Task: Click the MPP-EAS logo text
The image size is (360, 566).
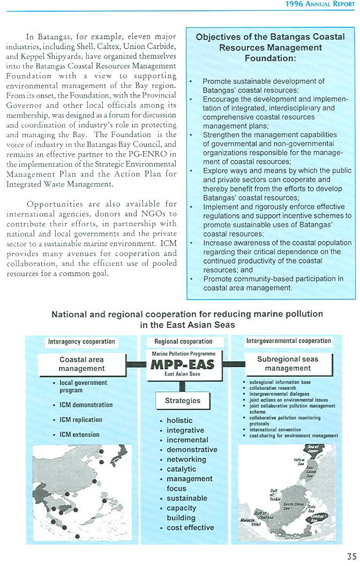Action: pyautogui.click(x=183, y=364)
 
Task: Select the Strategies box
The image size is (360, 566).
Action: pyautogui.click(x=183, y=400)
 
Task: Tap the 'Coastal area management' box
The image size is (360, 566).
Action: pyautogui.click(x=81, y=364)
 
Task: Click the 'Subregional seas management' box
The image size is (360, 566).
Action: pyautogui.click(x=288, y=363)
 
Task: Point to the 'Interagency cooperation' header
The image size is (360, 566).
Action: pyautogui.click(x=81, y=341)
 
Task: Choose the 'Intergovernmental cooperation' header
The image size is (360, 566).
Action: pyautogui.click(x=288, y=341)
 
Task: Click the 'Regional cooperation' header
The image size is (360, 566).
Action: pyautogui.click(x=183, y=341)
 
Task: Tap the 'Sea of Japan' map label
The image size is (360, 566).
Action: pyautogui.click(x=313, y=449)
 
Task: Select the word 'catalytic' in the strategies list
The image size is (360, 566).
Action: pyautogui.click(x=181, y=469)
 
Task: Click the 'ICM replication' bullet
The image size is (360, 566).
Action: pyautogui.click(x=80, y=420)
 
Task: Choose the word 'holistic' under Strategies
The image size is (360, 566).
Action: pyautogui.click(x=179, y=421)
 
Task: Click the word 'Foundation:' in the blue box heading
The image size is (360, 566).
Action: pyautogui.click(x=270, y=57)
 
